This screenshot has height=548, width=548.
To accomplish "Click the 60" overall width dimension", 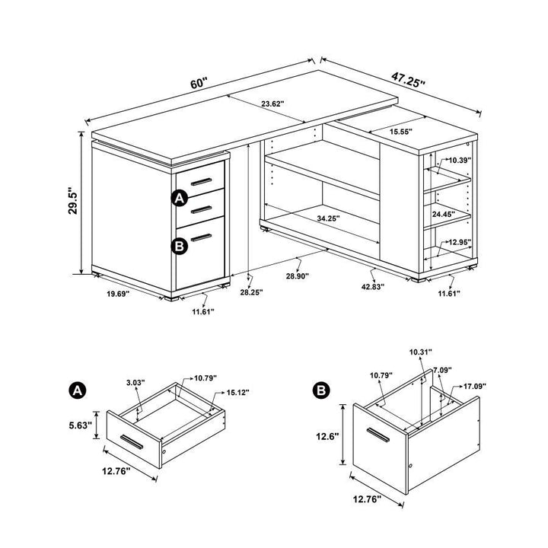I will (x=199, y=84).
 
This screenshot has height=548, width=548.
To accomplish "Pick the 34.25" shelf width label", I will (x=330, y=218).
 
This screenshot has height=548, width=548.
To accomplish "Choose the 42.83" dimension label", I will (x=372, y=287).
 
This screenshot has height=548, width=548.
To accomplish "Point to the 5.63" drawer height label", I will (x=80, y=425).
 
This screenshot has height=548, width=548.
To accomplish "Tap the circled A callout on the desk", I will (x=180, y=199).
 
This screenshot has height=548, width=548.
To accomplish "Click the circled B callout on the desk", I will (x=180, y=245).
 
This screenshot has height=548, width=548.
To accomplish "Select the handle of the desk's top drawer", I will (x=202, y=182).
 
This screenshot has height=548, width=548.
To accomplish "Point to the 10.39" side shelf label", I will (x=459, y=161).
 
